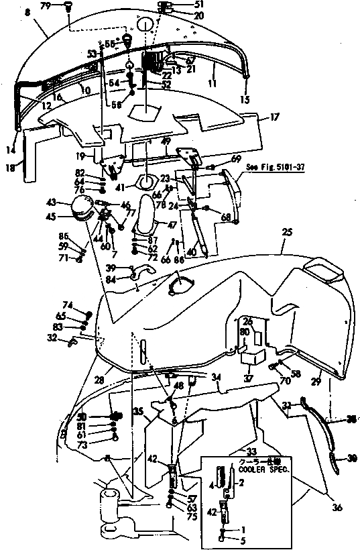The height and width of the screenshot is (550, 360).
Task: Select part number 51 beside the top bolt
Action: (180, 4)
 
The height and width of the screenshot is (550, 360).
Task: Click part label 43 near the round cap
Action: (50, 203)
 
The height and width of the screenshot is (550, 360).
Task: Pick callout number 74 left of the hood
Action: (68, 305)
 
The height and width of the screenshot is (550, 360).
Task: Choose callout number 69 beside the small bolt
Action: (235, 158)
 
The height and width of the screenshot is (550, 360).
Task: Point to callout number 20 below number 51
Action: (180, 15)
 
